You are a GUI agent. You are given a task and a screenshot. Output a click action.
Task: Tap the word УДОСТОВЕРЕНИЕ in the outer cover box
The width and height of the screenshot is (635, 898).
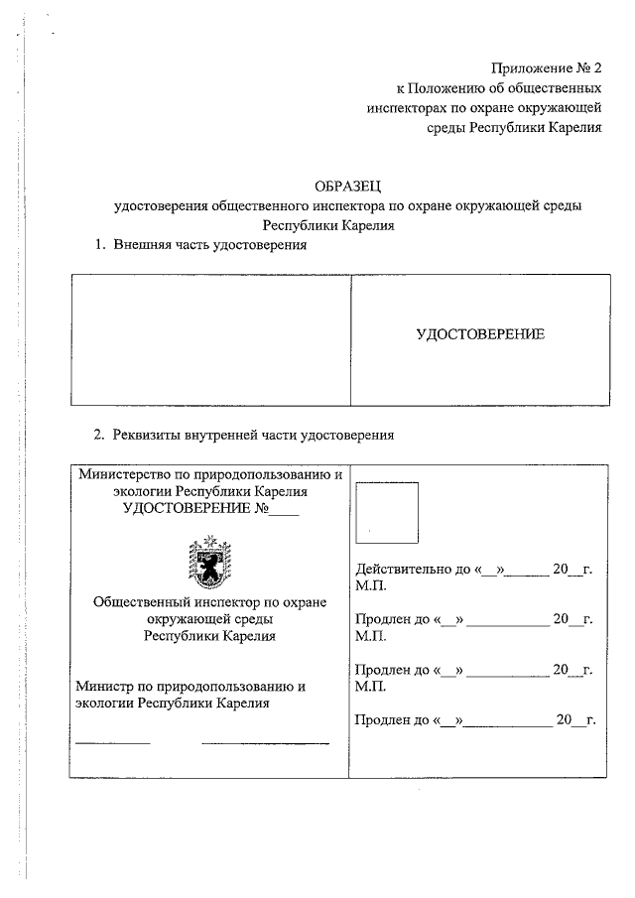coord(480,334)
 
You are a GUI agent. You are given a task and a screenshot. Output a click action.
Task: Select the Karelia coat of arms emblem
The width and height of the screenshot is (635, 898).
coord(208,563)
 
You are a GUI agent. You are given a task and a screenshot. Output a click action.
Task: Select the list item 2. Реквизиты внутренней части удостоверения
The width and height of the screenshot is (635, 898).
coord(244,434)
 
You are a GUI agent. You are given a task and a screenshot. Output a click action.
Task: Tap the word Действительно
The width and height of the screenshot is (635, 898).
coord(394,570)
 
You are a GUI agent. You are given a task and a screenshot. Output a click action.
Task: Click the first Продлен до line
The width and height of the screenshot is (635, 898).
coord(472,619)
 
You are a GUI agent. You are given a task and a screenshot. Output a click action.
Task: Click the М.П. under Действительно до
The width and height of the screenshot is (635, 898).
coord(370,585)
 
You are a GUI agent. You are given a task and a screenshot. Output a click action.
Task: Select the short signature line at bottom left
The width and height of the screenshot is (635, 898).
coord(113,742)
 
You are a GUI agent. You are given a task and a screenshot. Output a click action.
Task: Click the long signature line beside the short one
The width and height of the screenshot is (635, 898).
coord(265,742)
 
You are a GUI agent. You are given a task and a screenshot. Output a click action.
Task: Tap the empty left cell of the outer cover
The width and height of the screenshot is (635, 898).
coord(211,338)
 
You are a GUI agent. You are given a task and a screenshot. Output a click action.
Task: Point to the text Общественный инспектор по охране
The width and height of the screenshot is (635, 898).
coord(208,602)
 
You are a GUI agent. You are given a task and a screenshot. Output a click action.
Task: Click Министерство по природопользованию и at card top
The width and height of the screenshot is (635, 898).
coord(209,475)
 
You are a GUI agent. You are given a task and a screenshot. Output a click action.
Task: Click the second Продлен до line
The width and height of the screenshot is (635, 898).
coord(472,670)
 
